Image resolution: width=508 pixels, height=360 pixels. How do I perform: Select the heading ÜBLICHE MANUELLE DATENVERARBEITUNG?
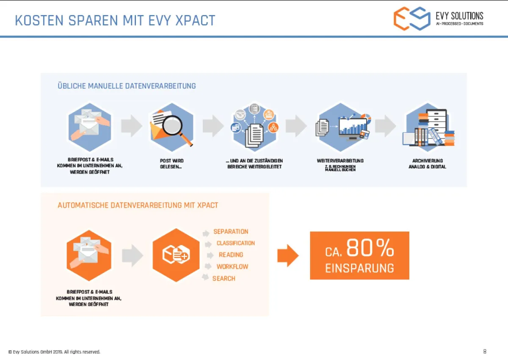[x=127, y=86]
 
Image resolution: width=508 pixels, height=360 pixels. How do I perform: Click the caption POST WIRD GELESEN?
[x=171, y=163]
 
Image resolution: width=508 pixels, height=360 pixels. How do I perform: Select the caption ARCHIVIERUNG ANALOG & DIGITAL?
[x=427, y=163]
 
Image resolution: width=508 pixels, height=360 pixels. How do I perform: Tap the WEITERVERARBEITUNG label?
[x=340, y=161]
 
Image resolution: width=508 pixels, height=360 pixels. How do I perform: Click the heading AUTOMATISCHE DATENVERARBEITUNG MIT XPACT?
[x=138, y=205]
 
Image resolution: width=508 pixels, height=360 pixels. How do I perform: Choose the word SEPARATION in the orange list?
[x=231, y=232]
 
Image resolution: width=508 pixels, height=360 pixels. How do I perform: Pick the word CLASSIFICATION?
[x=236, y=243]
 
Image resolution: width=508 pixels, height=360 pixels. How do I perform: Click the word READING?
[x=231, y=255]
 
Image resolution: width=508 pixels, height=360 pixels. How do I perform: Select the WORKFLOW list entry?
[x=232, y=267]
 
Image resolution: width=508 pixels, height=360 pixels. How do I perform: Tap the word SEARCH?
[x=224, y=278]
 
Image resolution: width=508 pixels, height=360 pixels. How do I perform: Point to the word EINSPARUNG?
[x=359, y=268]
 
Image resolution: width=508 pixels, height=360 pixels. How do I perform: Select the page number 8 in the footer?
[x=485, y=352]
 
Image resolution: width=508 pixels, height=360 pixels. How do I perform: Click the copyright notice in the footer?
[x=54, y=352]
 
